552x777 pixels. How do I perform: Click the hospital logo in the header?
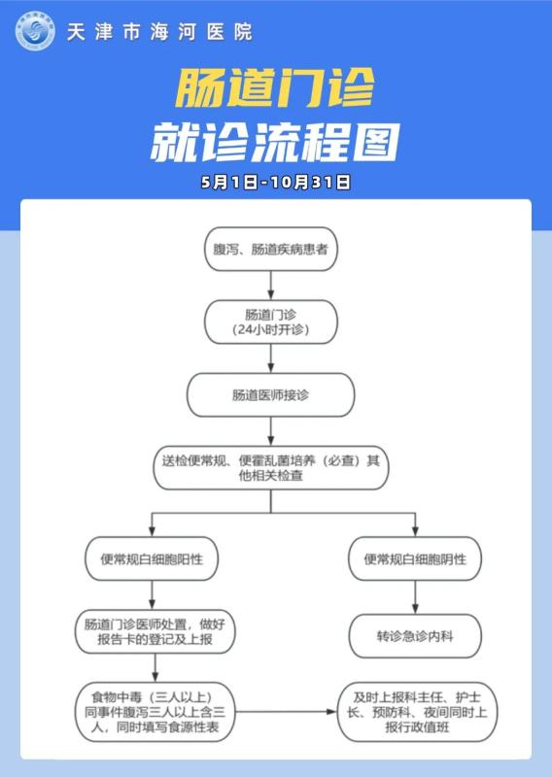pos(35,31)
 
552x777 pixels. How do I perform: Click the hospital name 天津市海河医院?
pos(159,32)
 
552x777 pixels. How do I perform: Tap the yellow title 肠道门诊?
pos(275,87)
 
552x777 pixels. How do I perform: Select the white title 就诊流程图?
pos(275,142)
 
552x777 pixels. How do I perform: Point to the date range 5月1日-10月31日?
pos(276,182)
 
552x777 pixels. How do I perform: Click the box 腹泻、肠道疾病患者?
pos(271,249)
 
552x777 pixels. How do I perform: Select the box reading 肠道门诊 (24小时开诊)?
pos(271,322)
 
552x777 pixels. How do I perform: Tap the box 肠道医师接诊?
pos(271,395)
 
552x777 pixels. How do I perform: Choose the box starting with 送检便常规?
pos(271,468)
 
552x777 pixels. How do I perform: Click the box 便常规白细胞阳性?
pos(152,559)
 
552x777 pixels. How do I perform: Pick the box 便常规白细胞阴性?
pos(415,559)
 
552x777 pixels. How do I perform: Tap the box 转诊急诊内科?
pos(415,636)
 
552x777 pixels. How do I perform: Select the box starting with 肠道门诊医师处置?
pos(155,632)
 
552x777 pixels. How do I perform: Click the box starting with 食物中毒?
pos(155,712)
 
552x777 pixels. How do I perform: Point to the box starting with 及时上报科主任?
pos(417,712)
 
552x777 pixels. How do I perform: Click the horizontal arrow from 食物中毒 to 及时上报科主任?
pos(286,712)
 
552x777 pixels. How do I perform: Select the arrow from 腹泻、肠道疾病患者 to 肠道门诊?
pos(271,286)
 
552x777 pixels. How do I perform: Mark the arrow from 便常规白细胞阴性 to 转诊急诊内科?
pos(415,597)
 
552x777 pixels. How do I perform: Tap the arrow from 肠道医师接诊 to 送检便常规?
pos(271,431)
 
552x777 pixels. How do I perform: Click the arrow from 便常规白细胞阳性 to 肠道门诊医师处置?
pos(152,595)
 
